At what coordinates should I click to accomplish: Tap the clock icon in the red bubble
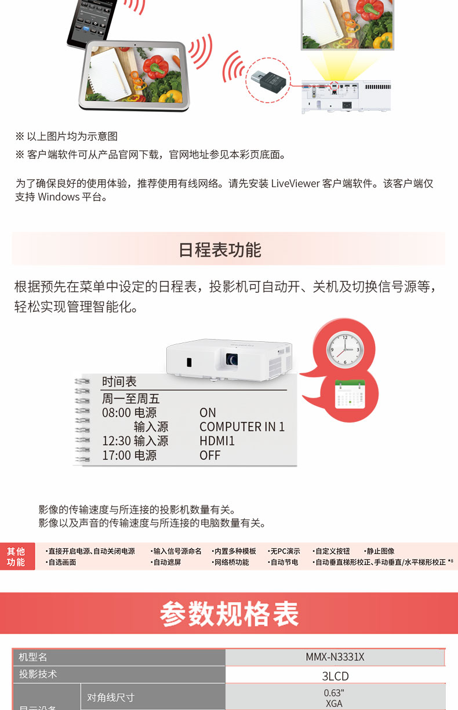[345, 349]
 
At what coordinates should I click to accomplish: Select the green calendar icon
[350, 394]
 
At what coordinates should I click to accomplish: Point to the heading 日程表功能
[220, 250]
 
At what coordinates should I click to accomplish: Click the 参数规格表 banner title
[229, 614]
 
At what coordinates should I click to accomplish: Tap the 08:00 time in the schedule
[117, 413]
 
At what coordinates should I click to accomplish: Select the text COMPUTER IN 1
[242, 427]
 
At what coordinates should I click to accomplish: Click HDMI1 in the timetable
[217, 441]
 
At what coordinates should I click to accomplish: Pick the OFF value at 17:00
[210, 455]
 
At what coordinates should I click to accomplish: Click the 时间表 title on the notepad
[119, 381]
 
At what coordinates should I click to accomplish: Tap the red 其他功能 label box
[17, 556]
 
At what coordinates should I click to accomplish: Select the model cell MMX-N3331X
[335, 657]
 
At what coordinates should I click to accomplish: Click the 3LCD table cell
[335, 676]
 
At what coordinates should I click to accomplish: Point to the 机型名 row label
[33, 657]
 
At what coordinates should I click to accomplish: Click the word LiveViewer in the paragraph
[296, 183]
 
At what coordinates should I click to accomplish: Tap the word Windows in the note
[59, 197]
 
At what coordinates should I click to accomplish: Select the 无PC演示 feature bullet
[284, 551]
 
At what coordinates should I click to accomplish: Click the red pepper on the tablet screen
[155, 66]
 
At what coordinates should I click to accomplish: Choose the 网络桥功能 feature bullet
[230, 562]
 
